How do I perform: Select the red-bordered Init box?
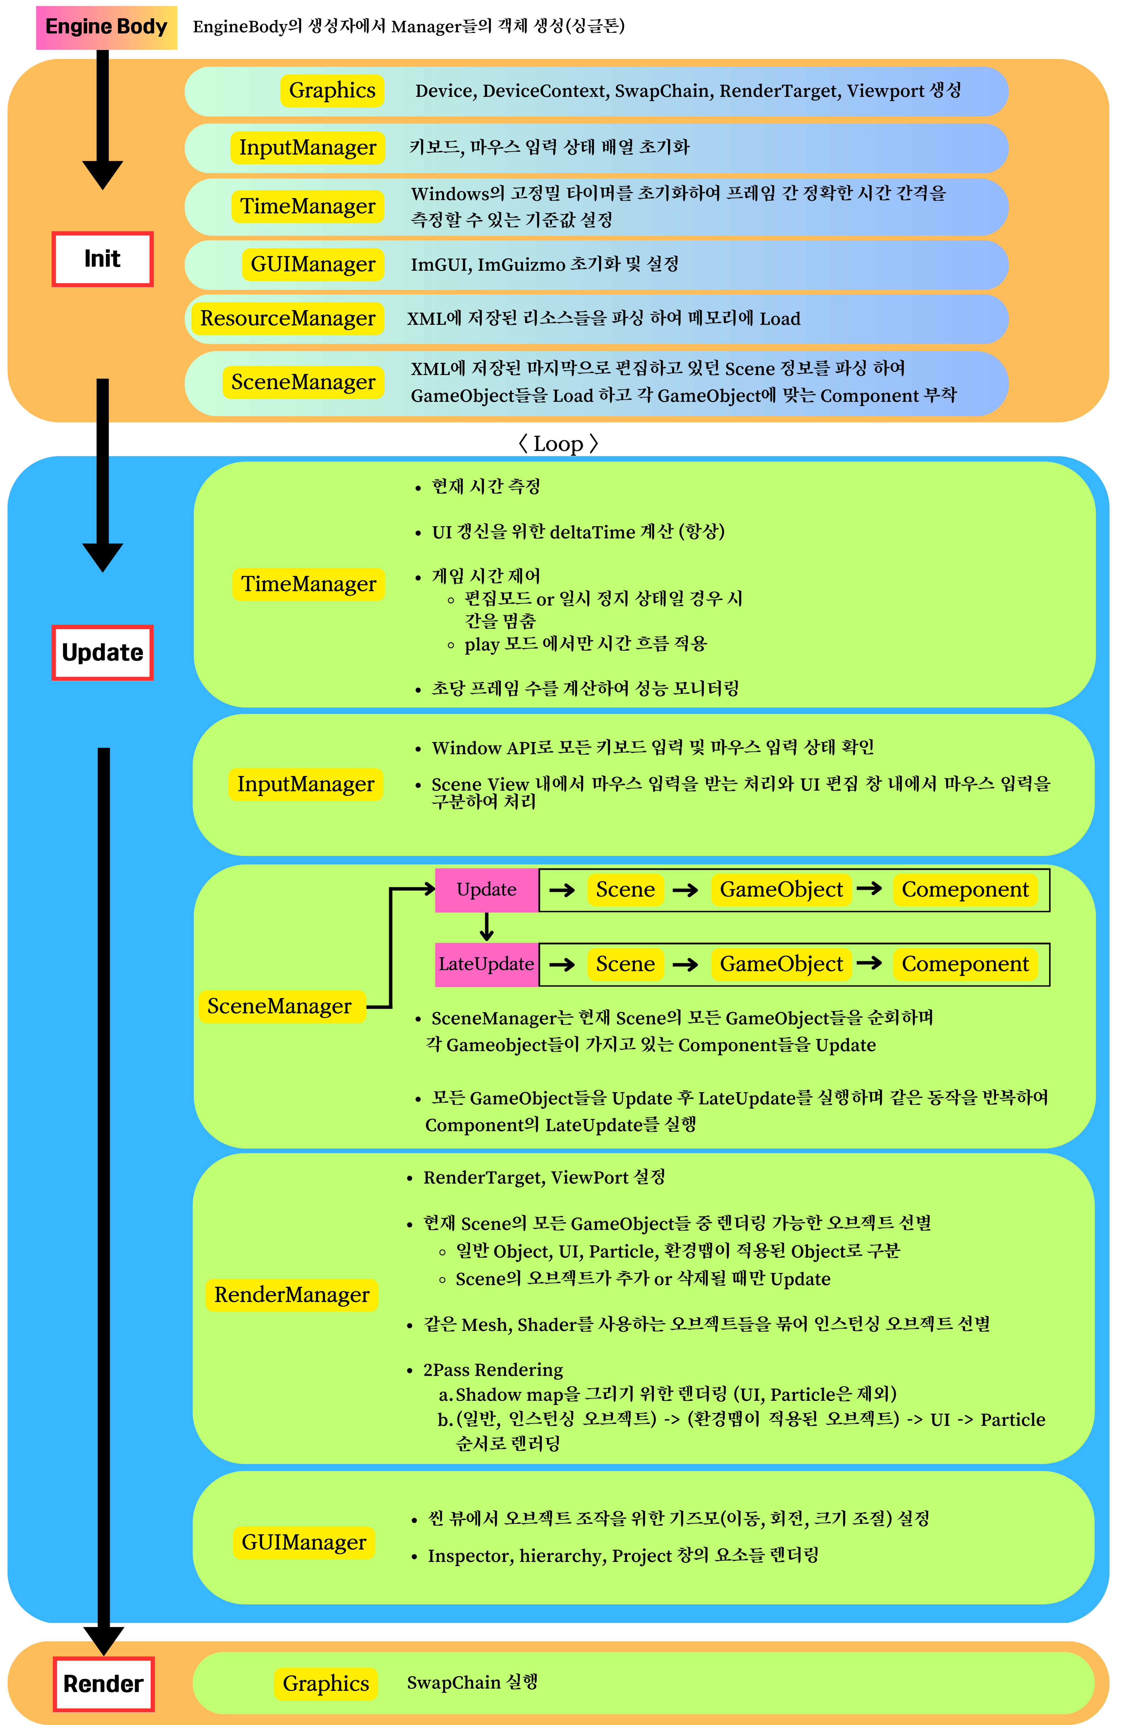coord(102,259)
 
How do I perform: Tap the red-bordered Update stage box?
coord(102,652)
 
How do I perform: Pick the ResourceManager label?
coord(288,318)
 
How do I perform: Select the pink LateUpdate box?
coord(486,964)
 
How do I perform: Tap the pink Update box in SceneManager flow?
coord(486,889)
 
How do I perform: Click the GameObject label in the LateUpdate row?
coord(781,964)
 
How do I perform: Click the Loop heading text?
coord(558,444)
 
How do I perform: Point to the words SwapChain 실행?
coord(472,1682)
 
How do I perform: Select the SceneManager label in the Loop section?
coord(280,1006)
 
